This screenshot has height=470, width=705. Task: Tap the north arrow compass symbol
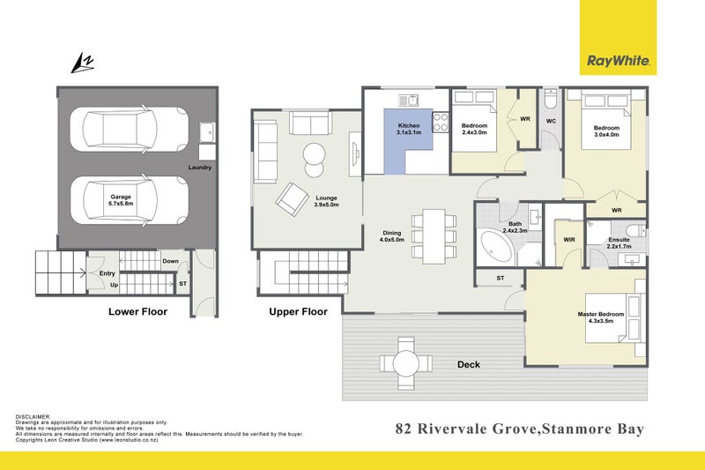pos(82,63)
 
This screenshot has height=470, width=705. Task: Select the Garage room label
pos(122,201)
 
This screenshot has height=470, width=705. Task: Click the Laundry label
pos(200,168)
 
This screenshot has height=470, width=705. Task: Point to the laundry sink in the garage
pos(206,132)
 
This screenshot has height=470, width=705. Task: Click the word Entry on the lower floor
pos(108,273)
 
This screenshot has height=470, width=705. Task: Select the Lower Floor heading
pos(137,311)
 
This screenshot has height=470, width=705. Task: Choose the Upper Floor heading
pos(298,311)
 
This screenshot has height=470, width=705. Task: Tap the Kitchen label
pos(409,131)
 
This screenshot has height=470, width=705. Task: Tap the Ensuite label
pos(617,242)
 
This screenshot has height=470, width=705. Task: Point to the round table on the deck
pos(406,361)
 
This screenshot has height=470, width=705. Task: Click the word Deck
pos(468,364)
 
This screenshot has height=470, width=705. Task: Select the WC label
pos(550,120)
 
